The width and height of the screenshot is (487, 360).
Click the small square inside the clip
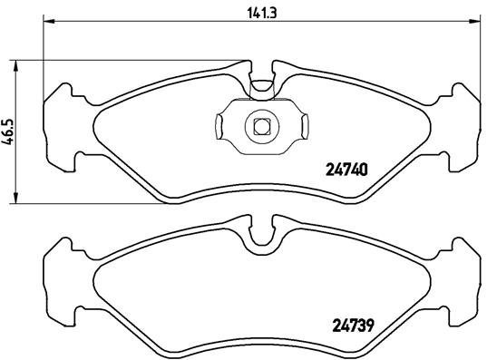pos(262,126)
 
